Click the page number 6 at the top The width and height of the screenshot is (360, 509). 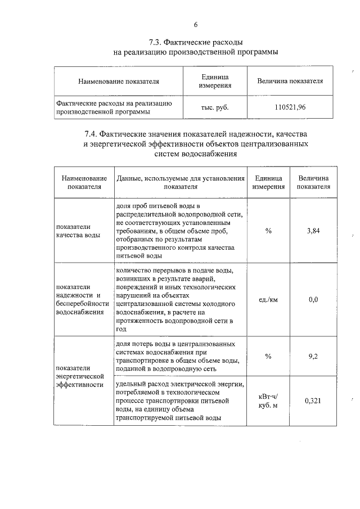195,24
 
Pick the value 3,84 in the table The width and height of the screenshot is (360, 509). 313,231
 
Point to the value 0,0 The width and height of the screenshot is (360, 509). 313,299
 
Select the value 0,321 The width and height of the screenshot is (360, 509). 313,401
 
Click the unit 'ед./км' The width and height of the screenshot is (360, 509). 268,300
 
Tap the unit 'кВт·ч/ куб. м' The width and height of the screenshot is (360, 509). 268,401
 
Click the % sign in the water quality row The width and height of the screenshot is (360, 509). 268,231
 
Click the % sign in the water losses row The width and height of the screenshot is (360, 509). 268,356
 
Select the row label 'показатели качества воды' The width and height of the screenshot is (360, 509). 78,231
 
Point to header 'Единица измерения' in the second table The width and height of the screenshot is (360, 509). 268,182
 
